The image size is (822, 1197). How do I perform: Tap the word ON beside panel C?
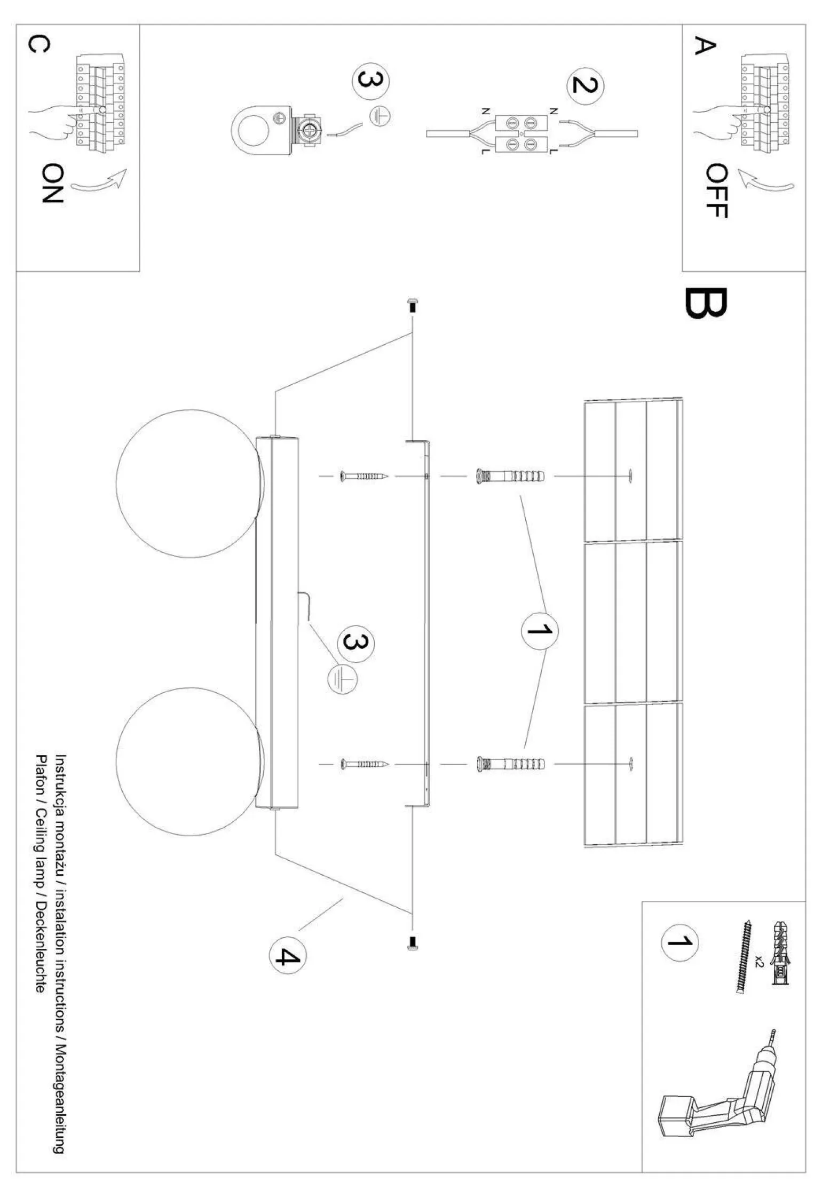pos(52,183)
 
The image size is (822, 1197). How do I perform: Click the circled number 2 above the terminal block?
pos(584,85)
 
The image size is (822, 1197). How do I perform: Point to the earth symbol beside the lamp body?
pos(342,679)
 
